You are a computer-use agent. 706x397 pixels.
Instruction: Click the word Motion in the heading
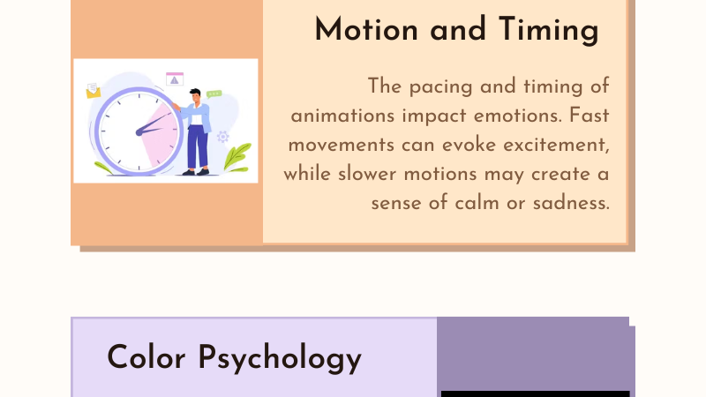366,30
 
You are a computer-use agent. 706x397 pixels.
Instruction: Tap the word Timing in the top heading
549,31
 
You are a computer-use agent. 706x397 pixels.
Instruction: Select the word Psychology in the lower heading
280,359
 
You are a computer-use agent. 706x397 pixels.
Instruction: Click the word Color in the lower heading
146,357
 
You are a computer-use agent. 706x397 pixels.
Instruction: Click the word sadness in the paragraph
571,203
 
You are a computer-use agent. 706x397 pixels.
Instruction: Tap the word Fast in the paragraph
589,116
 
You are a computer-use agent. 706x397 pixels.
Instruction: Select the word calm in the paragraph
477,203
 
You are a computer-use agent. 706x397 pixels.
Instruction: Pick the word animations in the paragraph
342,116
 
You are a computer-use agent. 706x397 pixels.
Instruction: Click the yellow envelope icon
94,91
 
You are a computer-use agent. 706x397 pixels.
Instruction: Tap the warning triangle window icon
175,79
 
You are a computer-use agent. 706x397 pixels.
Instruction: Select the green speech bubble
214,94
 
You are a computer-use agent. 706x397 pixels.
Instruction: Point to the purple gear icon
223,137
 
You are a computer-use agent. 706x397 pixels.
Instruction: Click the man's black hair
195,92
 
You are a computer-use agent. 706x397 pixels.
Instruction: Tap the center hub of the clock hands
139,132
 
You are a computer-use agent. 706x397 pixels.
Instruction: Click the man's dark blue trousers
197,147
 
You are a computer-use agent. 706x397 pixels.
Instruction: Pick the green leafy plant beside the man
237,158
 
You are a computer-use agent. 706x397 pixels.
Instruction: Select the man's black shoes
196,172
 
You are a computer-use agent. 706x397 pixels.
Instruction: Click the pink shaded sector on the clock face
159,134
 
